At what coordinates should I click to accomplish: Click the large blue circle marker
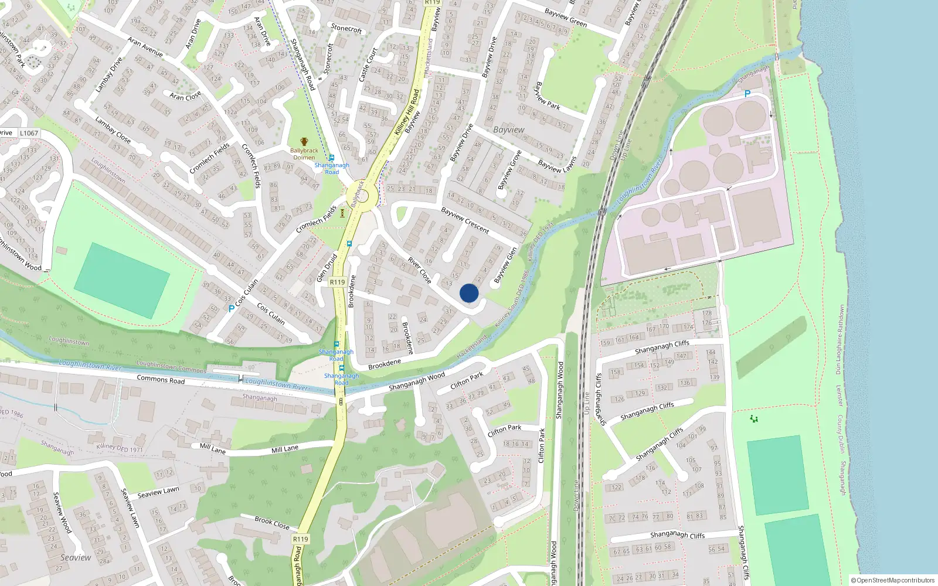[469, 293]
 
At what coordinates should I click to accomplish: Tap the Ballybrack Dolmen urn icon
[304, 142]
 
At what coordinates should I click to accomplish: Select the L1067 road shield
[29, 133]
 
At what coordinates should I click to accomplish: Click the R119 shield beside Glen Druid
[337, 282]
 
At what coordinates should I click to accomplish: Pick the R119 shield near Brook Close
[300, 539]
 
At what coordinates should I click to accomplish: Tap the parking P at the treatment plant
[747, 94]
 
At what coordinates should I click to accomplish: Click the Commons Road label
[161, 379]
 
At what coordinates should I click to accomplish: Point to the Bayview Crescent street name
[465, 220]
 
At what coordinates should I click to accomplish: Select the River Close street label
[419, 270]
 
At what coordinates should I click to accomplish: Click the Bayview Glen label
[505, 265]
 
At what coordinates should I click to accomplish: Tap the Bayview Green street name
[565, 18]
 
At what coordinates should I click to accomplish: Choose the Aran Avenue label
[145, 47]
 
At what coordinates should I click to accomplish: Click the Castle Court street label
[368, 64]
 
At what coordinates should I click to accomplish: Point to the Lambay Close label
[113, 130]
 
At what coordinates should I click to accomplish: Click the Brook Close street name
[272, 522]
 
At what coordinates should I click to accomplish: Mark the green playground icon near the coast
[754, 418]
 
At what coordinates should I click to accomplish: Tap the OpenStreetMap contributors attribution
[892, 580]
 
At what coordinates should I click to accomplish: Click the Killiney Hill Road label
[407, 111]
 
